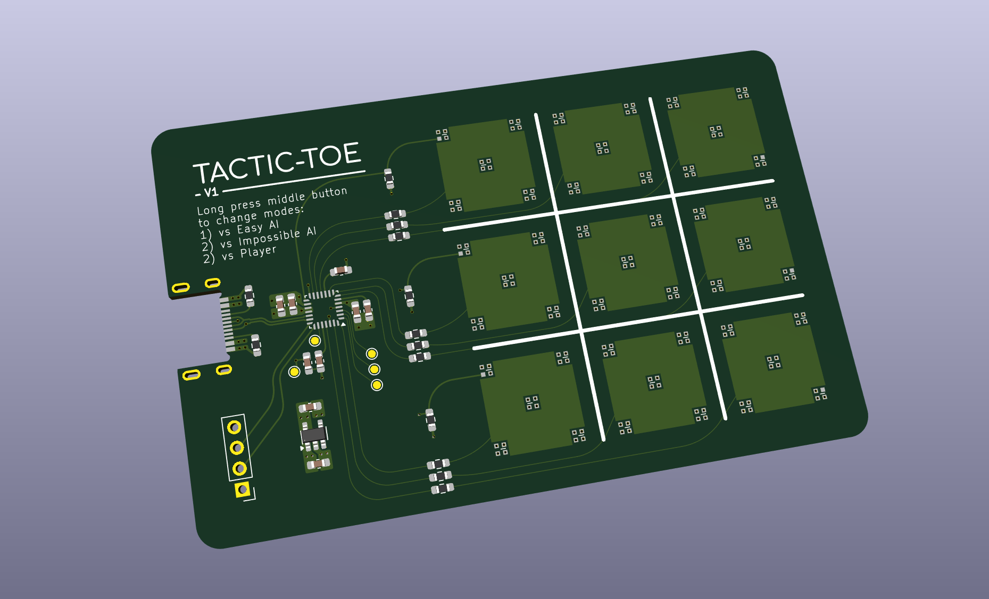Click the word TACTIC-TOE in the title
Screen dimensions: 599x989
pyautogui.click(x=277, y=163)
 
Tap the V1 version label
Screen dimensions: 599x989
pyautogui.click(x=211, y=192)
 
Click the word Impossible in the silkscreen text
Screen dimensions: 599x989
pyautogui.click(x=269, y=238)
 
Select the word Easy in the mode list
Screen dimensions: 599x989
pyautogui.click(x=250, y=229)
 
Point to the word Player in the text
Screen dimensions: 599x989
pyautogui.click(x=258, y=251)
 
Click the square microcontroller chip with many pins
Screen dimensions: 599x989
pyautogui.click(x=323, y=309)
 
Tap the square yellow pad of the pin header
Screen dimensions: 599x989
pyautogui.click(x=243, y=489)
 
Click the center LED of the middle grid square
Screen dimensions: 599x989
pyautogui.click(x=628, y=262)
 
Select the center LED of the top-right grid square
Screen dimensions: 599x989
pyautogui.click(x=716, y=131)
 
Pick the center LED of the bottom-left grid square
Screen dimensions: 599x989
pyautogui.click(x=532, y=402)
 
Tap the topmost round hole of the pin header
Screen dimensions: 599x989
pyautogui.click(x=234, y=427)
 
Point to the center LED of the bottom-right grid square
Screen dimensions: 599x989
pyautogui.click(x=774, y=362)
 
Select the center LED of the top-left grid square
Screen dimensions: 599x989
pyautogui.click(x=486, y=165)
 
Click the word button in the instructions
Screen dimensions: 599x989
pyautogui.click(x=329, y=192)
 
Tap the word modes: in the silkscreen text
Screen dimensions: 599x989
pyautogui.click(x=284, y=212)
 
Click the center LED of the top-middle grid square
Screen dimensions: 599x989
pyautogui.click(x=602, y=148)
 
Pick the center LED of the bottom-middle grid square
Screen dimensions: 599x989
pyautogui.click(x=654, y=382)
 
